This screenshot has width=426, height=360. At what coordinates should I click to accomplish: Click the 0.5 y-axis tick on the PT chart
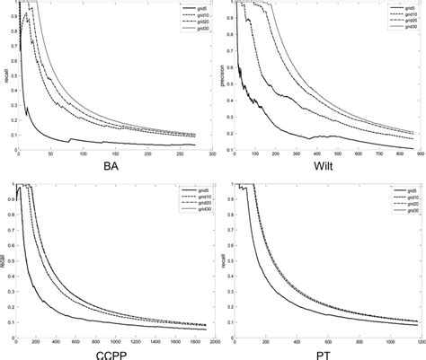pyautogui.click(x=228, y=262)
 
